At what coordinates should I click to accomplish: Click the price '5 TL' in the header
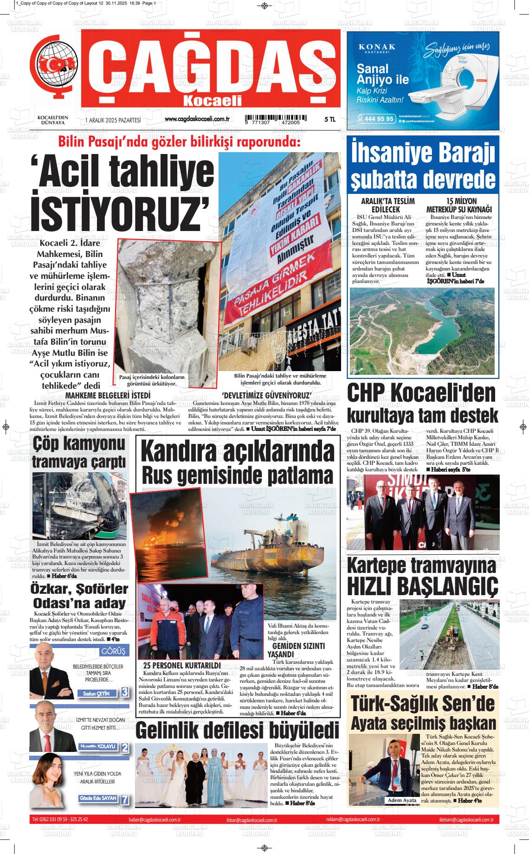(x=329, y=120)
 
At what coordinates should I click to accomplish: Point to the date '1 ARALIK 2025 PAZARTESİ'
(x=113, y=120)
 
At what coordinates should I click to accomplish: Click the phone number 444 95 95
(x=379, y=119)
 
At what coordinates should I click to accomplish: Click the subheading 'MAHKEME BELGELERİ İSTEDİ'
(x=108, y=395)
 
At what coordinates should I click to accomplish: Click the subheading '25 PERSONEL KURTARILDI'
(x=181, y=665)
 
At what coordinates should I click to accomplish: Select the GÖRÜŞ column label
(x=113, y=651)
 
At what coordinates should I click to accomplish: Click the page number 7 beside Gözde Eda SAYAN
(x=124, y=800)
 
